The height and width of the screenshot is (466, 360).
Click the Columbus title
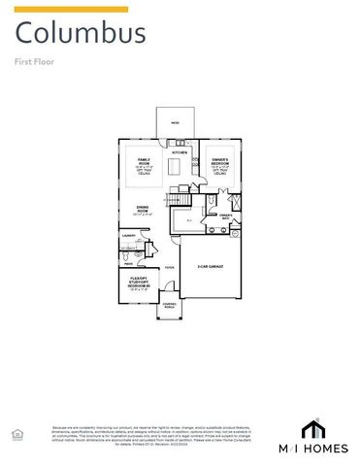coord(82,34)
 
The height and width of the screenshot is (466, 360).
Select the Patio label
coord(176,123)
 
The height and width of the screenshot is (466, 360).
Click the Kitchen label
coord(180,152)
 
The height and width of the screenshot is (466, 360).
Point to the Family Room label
coord(144,159)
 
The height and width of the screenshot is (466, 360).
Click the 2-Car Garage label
coord(211,266)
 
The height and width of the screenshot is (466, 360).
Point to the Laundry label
coord(127,235)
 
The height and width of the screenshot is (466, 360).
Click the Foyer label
coord(169,266)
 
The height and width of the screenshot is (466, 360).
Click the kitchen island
coord(176,168)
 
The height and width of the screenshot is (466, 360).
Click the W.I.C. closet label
coord(189,222)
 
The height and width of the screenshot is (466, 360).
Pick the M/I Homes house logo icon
coord(313,429)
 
